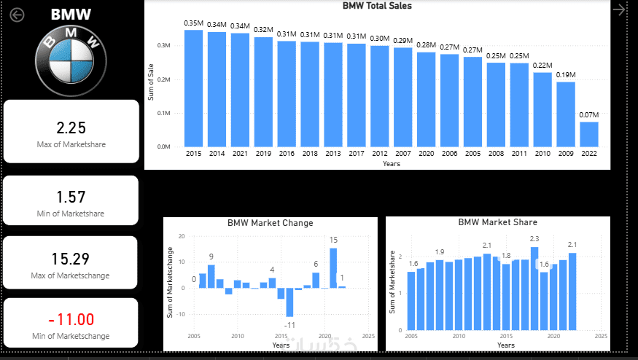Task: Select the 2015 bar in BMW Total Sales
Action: [x=193, y=87]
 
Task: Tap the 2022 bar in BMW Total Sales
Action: [x=589, y=134]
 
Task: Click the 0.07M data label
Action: [x=589, y=115]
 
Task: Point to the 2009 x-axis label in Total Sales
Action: [x=566, y=154]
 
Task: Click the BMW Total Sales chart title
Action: [x=377, y=6]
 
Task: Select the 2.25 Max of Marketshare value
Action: [x=71, y=128]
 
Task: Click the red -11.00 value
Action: [x=71, y=319]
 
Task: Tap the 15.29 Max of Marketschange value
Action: [x=71, y=259]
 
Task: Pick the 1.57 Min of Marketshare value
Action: [x=71, y=197]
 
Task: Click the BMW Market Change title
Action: [x=270, y=223]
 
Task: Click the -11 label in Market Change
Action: [x=289, y=324]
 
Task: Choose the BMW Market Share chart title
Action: [x=497, y=222]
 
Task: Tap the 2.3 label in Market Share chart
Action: [x=534, y=239]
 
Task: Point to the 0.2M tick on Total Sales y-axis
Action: [x=164, y=79]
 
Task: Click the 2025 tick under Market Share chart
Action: [x=601, y=336]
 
